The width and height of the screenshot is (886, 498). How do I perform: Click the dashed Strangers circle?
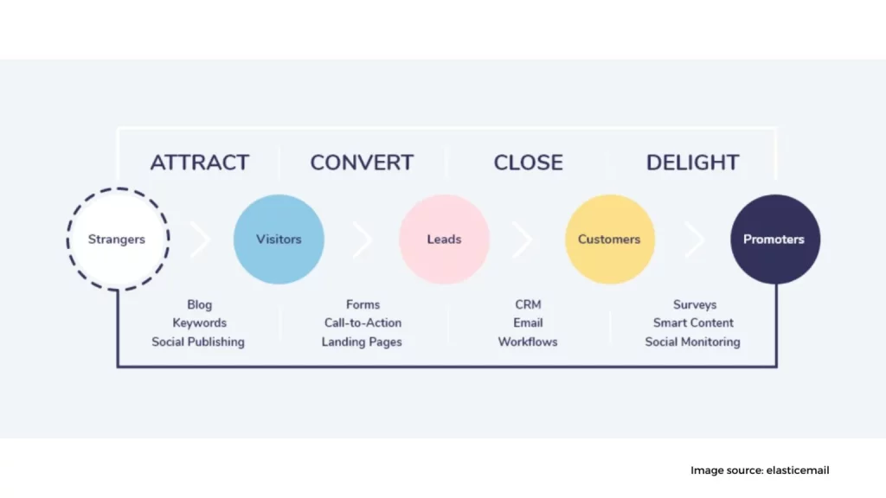click(x=117, y=239)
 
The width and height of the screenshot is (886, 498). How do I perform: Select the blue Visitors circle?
click(x=279, y=239)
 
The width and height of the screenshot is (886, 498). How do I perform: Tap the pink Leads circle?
click(x=444, y=239)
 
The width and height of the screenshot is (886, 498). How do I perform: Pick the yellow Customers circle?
click(x=609, y=239)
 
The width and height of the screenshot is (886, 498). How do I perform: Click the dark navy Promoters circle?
click(x=774, y=239)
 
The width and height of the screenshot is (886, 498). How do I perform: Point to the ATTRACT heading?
click(x=199, y=163)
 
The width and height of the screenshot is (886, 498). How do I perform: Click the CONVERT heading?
click(x=362, y=163)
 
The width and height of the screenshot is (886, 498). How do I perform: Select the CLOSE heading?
click(x=528, y=163)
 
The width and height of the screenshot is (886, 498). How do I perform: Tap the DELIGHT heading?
click(x=692, y=163)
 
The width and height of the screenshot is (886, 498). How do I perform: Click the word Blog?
click(x=199, y=304)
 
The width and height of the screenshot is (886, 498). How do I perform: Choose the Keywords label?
click(x=199, y=322)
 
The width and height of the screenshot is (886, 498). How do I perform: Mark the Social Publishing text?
click(x=198, y=342)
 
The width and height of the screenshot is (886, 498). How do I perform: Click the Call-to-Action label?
click(x=363, y=322)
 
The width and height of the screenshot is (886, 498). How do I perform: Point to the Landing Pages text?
click(x=362, y=342)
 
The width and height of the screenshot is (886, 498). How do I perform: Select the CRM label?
click(x=528, y=304)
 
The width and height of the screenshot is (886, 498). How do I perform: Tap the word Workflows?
click(x=528, y=342)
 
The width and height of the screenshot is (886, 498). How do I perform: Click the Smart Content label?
click(x=693, y=322)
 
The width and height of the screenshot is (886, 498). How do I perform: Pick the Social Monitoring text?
click(x=692, y=342)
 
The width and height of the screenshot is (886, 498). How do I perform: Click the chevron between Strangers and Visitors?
click(x=201, y=239)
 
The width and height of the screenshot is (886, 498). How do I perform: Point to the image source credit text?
click(x=760, y=470)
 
